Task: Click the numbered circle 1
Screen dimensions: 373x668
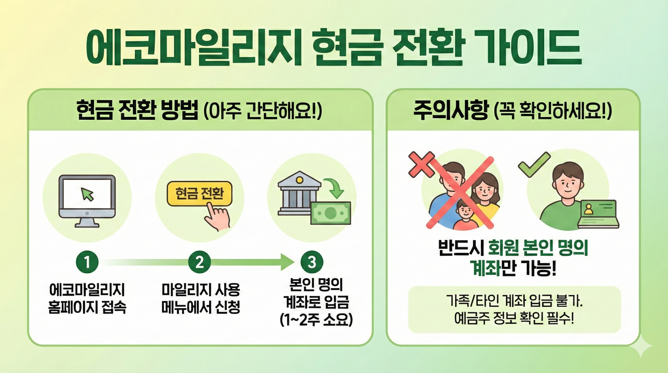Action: coord(87,262)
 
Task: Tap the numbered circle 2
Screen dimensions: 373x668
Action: coord(200,262)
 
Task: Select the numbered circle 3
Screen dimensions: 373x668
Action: coord(312,262)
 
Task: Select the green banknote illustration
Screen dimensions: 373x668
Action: coord(331,213)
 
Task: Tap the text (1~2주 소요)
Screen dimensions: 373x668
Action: coord(316,320)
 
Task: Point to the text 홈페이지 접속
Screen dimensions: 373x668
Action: coord(87,307)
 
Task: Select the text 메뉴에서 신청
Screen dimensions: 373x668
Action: coord(200,307)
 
